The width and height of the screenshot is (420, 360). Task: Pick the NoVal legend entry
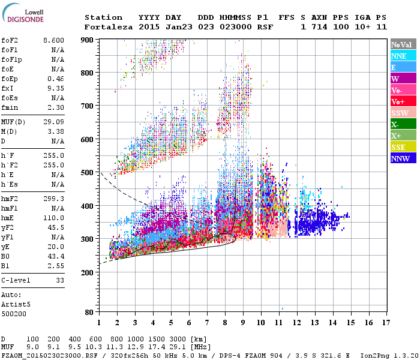(402, 44)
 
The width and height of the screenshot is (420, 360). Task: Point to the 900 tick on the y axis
(88, 40)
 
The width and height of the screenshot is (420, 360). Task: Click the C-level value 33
(59, 280)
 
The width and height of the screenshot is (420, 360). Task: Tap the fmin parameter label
(10, 107)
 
